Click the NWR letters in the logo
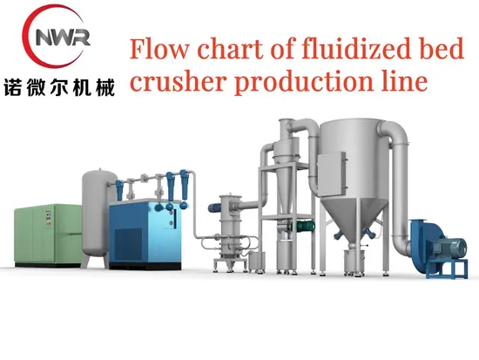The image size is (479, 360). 63,37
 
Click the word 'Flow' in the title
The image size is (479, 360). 159,49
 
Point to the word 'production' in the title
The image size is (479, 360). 305,83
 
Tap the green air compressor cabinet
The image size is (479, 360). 49,234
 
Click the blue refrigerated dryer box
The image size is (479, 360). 145,234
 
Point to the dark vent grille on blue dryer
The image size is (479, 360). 128,245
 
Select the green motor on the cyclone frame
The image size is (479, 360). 303,226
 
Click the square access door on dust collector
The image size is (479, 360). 333,173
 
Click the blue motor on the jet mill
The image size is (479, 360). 216,208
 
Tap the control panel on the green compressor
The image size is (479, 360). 48,219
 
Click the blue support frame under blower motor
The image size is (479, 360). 447,268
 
